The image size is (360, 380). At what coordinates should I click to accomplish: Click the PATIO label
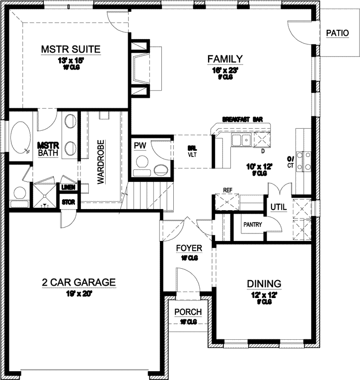(x=338, y=33)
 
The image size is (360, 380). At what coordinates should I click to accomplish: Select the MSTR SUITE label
(x=71, y=49)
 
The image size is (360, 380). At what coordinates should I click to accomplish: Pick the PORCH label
(x=188, y=312)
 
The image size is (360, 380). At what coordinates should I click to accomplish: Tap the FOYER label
(x=190, y=248)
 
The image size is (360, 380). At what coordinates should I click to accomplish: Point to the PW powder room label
(x=140, y=145)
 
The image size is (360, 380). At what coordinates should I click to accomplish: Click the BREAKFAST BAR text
(x=242, y=119)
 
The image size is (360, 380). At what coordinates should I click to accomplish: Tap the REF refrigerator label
(x=228, y=190)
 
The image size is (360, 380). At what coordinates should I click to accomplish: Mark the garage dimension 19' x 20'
(x=78, y=293)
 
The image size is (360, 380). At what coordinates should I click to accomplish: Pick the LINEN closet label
(x=68, y=188)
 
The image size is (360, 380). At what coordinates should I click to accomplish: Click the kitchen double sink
(x=240, y=140)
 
